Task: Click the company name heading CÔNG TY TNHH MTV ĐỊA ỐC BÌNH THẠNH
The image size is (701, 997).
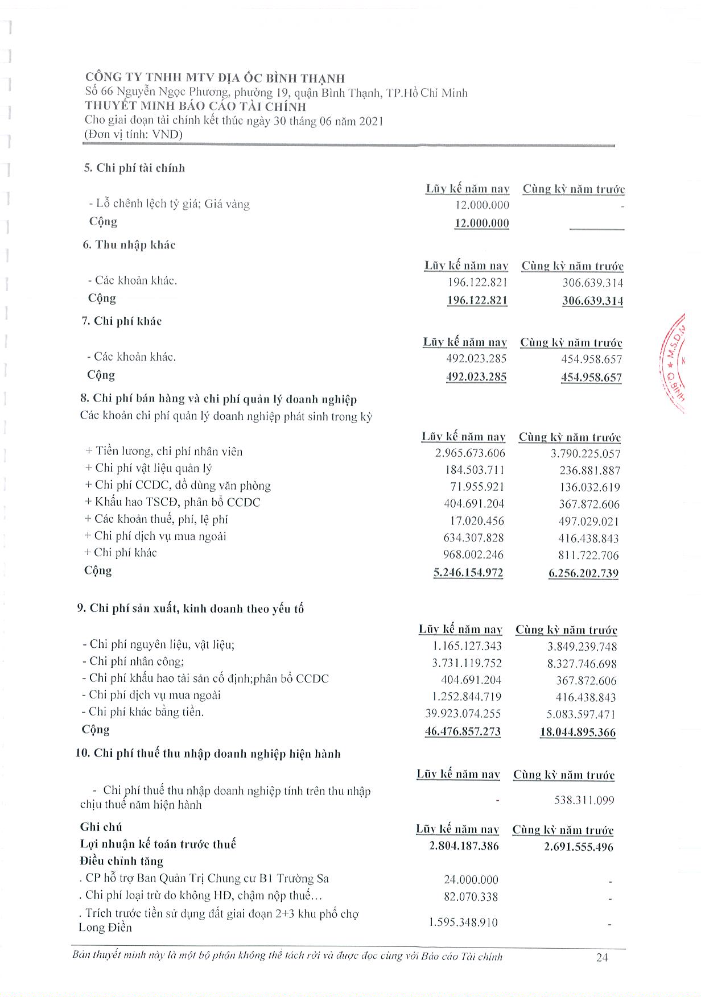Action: click(215, 78)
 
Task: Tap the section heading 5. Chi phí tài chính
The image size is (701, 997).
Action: click(134, 168)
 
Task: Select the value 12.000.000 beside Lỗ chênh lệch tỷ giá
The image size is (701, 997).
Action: click(482, 205)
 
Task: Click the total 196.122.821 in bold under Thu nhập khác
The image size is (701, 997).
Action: click(477, 300)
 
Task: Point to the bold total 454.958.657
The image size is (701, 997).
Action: click(591, 377)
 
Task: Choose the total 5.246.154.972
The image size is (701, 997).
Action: click(468, 572)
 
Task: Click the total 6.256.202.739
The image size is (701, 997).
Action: click(583, 573)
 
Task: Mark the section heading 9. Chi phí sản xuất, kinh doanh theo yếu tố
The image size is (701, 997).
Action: click(191, 609)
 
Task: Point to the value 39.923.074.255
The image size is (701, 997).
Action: click(463, 714)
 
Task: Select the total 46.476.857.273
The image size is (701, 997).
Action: click(463, 731)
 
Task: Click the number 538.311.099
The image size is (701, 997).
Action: click(584, 800)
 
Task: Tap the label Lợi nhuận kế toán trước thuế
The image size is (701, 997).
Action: click(158, 844)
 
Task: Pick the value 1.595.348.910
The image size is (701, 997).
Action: click(463, 922)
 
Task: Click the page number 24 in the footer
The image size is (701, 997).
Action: click(602, 957)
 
